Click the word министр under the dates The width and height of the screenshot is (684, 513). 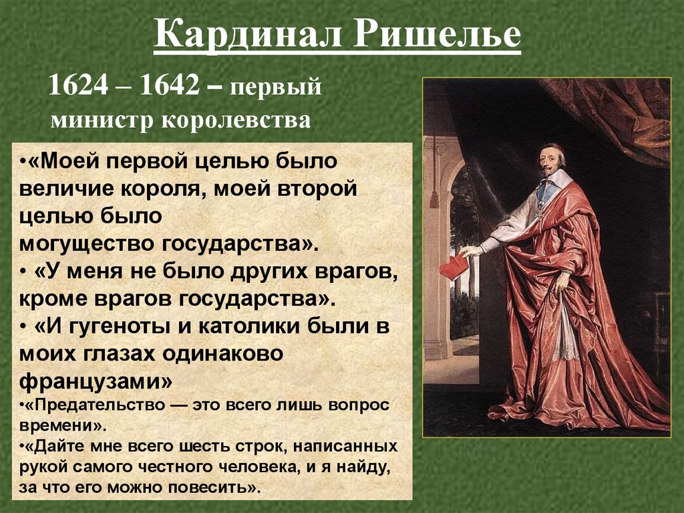[x=101, y=120]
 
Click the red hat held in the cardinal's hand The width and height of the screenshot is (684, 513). [x=454, y=267]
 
